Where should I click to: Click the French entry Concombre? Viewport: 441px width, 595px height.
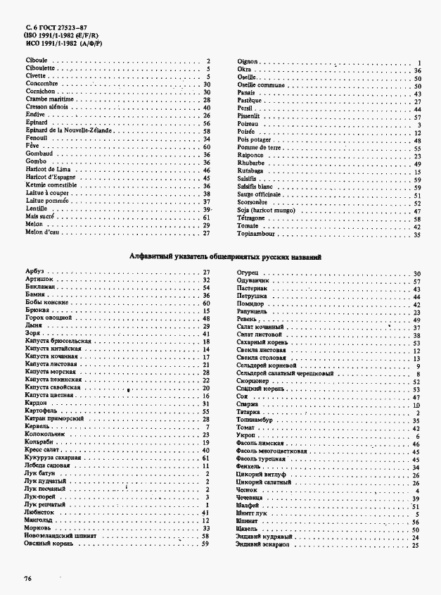point(41,84)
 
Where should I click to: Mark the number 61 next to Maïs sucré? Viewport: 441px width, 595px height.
point(207,218)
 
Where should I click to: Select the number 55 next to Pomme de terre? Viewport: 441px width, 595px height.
point(417,149)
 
